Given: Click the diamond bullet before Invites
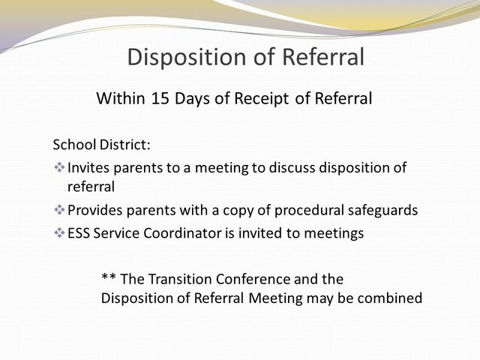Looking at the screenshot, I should pyautogui.click(x=59, y=167).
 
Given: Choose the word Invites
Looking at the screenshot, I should pyautogui.click(x=89, y=167).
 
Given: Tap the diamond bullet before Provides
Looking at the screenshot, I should pyautogui.click(x=59, y=211).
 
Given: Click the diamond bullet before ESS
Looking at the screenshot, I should pyautogui.click(x=59, y=233).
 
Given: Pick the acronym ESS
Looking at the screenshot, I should pyautogui.click(x=80, y=233).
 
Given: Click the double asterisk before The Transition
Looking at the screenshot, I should pyautogui.click(x=108, y=279).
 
